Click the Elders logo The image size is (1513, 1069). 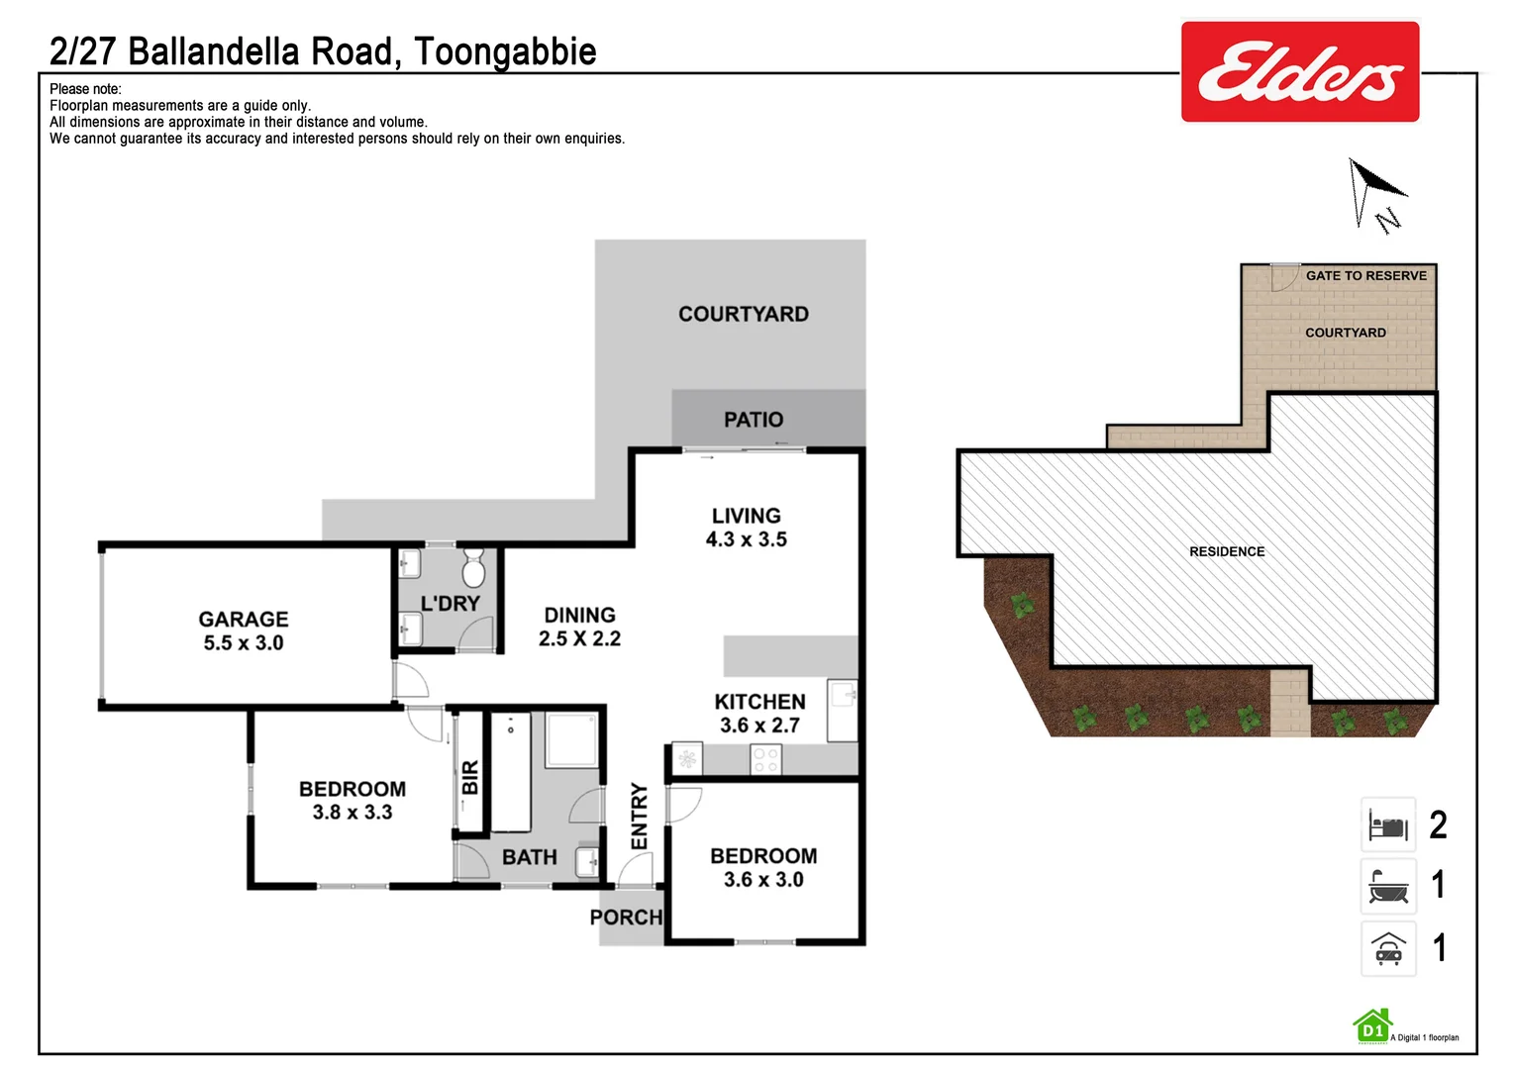coord(1299,72)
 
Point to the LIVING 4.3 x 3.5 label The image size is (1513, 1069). coord(746,528)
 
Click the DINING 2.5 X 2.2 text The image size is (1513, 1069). coord(579,627)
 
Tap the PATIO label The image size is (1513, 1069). coord(753,420)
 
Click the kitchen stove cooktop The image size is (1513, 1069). coord(765,759)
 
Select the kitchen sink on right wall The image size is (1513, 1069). coord(843,696)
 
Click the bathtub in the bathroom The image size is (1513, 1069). coord(511,772)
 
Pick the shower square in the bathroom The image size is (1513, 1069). coord(571,739)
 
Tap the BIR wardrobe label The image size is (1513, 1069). coord(470,777)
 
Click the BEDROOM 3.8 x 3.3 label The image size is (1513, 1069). coord(353,800)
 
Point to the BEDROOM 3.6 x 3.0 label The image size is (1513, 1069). coord(763,867)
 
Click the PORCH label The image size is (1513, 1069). coord(626,918)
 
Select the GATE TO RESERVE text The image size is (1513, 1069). coord(1365,276)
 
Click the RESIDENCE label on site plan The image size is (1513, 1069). coord(1227,551)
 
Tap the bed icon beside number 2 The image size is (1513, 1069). coord(1388,825)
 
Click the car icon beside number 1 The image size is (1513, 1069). coord(1388,948)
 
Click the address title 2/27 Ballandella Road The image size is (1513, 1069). coord(323,51)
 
